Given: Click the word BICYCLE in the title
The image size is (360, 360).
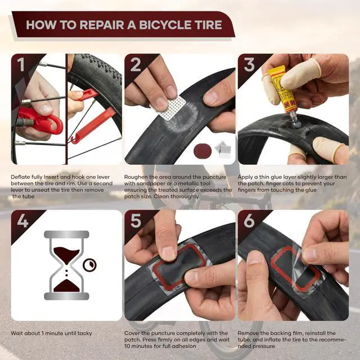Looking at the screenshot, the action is [x=165, y=25].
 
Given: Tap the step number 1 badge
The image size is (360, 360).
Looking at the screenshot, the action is [x=21, y=64].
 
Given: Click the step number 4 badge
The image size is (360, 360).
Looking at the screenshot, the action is [x=22, y=220].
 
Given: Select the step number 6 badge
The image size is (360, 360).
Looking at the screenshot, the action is [x=249, y=220].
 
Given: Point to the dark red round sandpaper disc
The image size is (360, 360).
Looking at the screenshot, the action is [x=202, y=151].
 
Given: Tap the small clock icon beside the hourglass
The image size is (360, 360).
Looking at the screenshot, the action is [x=89, y=265].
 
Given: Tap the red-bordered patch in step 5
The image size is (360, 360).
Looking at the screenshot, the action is [x=179, y=266].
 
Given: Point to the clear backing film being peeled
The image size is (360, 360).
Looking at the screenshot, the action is [x=305, y=271].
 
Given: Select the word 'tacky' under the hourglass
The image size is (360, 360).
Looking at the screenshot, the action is [x=85, y=334].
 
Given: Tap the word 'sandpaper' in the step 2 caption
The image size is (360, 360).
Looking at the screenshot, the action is [x=152, y=184].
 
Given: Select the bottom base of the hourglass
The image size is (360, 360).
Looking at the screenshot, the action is [x=66, y=296].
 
